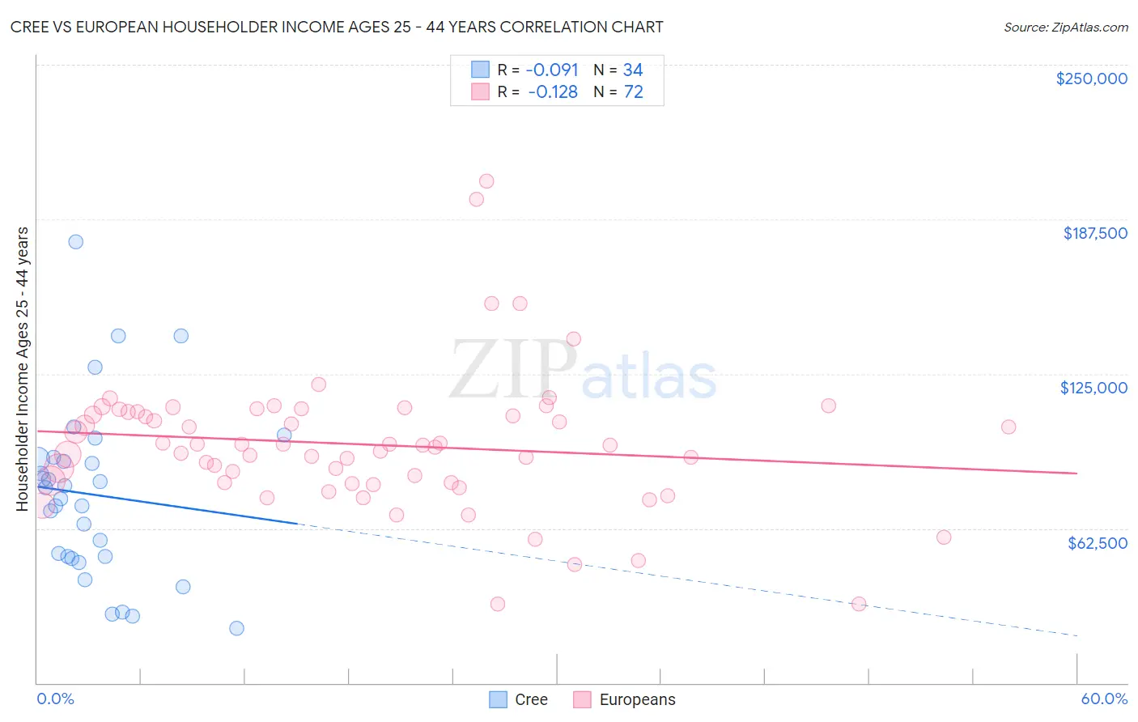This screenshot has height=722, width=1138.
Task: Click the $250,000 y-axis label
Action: click(x=1091, y=79)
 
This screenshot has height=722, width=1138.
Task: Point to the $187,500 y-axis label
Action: click(x=1094, y=233)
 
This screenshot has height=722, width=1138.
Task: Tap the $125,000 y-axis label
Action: click(x=1093, y=388)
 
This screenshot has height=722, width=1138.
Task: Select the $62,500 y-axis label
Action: click(x=1097, y=543)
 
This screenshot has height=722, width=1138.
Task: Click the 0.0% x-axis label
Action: click(x=55, y=699)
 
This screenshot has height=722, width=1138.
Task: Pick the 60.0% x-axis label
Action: click(x=1104, y=699)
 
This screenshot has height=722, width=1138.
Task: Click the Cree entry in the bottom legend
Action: click(x=531, y=699)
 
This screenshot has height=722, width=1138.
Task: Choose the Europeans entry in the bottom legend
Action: click(x=637, y=699)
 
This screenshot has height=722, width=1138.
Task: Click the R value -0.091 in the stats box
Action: click(x=552, y=70)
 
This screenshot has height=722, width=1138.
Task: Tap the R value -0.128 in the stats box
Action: click(x=552, y=92)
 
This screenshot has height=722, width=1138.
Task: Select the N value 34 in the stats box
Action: click(x=633, y=70)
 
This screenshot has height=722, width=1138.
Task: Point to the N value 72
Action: click(x=633, y=92)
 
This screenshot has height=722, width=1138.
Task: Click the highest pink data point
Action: click(x=486, y=181)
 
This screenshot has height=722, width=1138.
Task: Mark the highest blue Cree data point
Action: click(x=75, y=241)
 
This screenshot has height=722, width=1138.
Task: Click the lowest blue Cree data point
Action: click(x=236, y=628)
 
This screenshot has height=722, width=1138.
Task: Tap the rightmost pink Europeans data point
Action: click(x=1008, y=427)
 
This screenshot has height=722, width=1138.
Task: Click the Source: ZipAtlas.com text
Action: click(x=1065, y=28)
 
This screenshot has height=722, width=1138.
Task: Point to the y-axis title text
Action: click(x=23, y=369)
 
